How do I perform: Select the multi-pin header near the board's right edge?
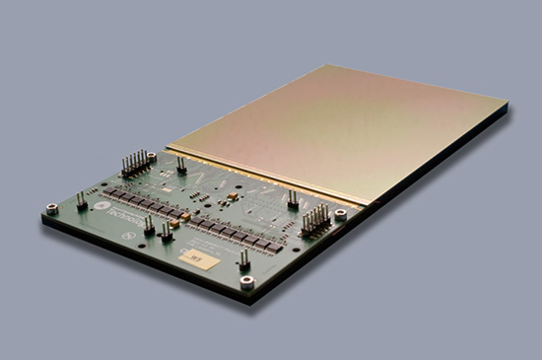[316, 219]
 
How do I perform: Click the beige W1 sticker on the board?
[195, 257]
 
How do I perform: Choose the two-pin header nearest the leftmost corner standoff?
[81, 200]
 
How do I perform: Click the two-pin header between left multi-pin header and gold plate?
[181, 163]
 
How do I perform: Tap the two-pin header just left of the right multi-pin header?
[293, 199]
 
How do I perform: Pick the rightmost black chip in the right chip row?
[277, 248]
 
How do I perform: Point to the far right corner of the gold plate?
[507, 103]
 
